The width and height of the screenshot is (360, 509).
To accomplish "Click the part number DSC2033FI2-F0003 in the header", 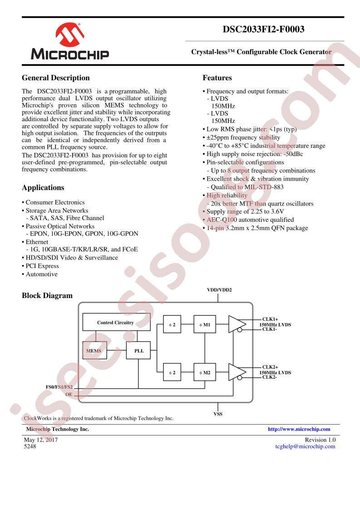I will point(263,29).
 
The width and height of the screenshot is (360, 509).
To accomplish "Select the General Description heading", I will point(55,78).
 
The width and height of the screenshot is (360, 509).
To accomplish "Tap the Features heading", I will point(217,78).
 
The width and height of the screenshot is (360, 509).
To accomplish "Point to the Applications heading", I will point(43,187).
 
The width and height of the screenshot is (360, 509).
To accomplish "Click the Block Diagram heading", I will point(47,295).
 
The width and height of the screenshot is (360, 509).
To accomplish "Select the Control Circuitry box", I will point(116,323).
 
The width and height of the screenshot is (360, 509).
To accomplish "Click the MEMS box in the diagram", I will point(94,351).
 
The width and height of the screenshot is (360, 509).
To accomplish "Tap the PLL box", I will point(139,351).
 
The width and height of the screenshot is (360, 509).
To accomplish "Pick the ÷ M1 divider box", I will point(205,325).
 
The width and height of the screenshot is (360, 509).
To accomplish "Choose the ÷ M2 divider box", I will point(205,372).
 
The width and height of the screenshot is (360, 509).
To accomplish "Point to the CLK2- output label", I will point(269,377).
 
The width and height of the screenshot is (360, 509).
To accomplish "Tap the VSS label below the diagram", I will point(218,414).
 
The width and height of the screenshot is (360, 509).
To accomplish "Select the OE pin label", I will point(69,395).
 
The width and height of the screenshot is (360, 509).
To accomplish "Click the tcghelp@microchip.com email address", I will point(305,446).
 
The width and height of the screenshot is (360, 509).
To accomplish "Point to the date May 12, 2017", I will point(41,440).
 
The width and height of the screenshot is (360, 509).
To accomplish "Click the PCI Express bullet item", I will point(42,266).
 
